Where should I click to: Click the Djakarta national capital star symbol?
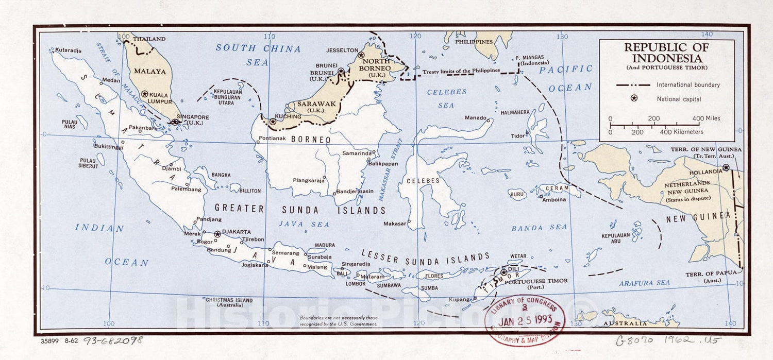click(217, 234)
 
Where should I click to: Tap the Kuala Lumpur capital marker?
click(145, 94)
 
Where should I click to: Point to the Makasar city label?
click(395, 224)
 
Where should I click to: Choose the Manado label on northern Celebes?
click(476, 117)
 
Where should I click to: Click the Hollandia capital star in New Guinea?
click(726, 167)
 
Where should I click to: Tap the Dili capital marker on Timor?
click(504, 272)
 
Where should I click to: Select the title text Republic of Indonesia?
click(666, 52)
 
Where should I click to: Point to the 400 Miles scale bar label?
click(706, 118)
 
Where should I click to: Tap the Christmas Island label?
click(229, 300)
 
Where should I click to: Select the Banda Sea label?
click(539, 228)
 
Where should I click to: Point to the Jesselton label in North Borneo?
click(342, 50)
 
